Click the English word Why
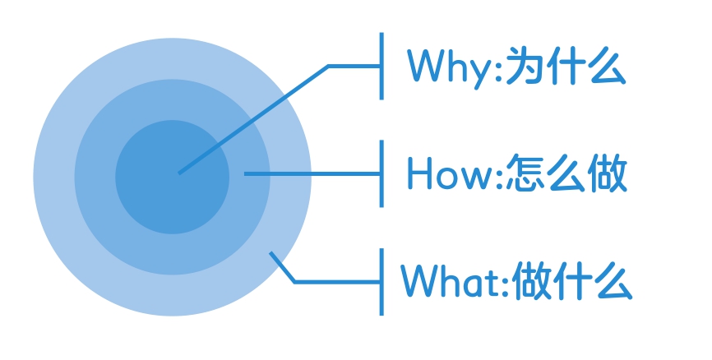point(450,68)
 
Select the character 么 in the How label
point(565,173)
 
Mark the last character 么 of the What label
point(613,281)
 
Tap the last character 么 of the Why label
point(607,67)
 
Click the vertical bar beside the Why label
point(381,67)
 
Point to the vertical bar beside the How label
point(381,174)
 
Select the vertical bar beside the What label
point(381,282)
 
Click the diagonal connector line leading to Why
point(253,120)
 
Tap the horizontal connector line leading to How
point(312,174)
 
